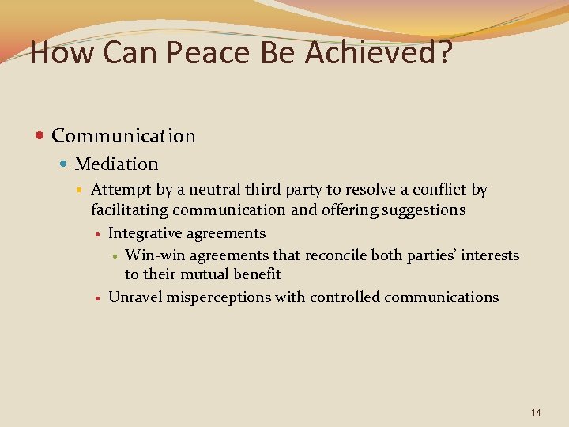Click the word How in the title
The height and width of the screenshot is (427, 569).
click(57, 54)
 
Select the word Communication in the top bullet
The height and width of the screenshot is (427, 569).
click(123, 136)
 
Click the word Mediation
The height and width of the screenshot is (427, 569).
click(116, 164)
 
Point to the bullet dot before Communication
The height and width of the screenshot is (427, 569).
click(40, 136)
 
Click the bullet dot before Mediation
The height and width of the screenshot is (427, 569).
click(64, 164)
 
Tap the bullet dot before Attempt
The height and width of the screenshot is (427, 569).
click(82, 190)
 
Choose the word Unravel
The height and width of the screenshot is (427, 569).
click(131, 297)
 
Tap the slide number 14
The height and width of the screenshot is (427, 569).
click(537, 413)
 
